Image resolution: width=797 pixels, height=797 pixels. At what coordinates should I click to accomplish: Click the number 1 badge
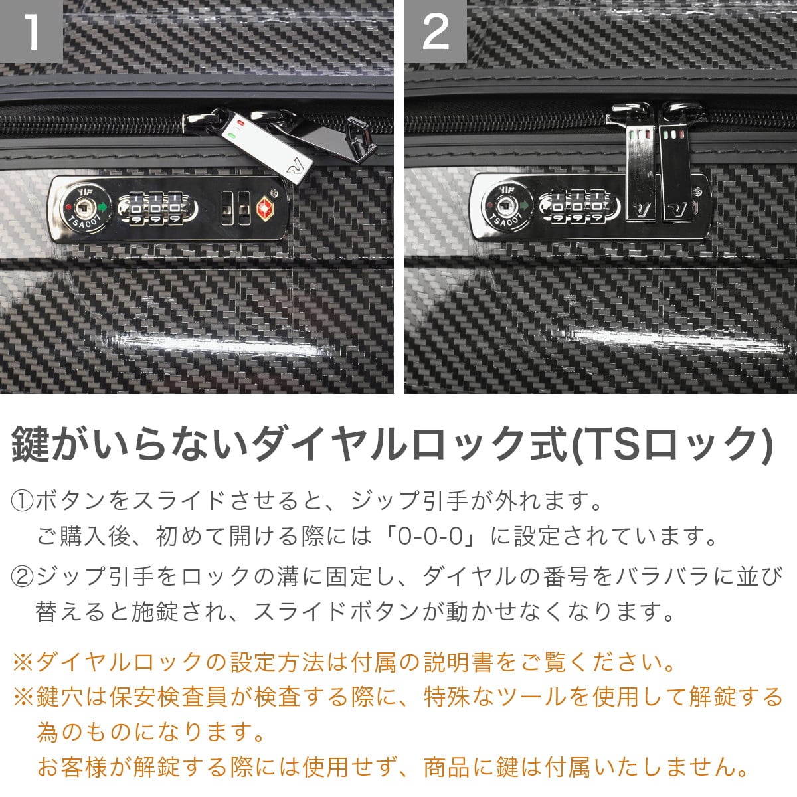(31, 31)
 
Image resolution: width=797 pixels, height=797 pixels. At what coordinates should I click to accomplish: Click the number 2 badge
(435, 31)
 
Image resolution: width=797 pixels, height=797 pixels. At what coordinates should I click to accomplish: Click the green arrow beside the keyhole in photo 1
(102, 206)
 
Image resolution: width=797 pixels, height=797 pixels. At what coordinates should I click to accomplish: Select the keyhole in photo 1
(85, 205)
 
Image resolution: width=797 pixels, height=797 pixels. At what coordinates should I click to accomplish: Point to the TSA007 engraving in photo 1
(85, 222)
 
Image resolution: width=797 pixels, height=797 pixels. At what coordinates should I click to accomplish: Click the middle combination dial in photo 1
(155, 208)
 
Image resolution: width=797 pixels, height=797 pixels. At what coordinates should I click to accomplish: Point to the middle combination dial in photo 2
(577, 207)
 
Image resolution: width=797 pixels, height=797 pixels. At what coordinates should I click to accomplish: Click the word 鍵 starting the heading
(31, 444)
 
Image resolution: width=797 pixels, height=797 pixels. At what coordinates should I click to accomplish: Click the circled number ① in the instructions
(22, 501)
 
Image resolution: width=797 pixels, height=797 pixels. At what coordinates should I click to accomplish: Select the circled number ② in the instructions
(22, 576)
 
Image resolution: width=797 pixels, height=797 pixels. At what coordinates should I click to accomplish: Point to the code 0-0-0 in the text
(430, 537)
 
